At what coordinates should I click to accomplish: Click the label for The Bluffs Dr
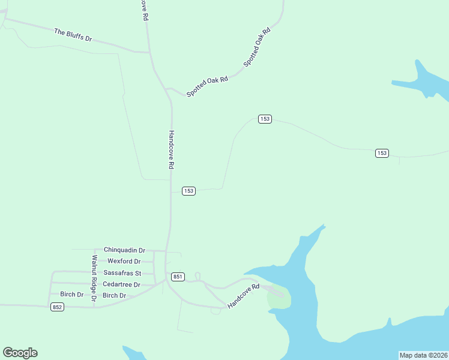73,35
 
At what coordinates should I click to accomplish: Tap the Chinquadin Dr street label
124,250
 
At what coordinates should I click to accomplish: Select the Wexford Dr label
124,262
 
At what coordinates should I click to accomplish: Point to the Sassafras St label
122,273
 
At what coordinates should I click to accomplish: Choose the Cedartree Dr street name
121,284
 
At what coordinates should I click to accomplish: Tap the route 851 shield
178,277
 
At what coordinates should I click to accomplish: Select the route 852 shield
57,307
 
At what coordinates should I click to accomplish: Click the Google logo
20,353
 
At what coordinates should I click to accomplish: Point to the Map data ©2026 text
423,355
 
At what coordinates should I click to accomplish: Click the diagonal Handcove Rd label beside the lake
243,296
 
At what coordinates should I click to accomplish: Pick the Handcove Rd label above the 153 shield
171,149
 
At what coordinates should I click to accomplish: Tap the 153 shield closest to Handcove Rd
188,191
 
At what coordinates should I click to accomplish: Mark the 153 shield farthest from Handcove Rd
382,153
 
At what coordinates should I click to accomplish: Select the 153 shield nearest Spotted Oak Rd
265,119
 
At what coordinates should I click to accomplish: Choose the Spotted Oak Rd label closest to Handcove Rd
207,87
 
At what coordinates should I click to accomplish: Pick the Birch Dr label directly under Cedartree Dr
114,295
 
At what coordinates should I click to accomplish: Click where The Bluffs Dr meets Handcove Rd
149,52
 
